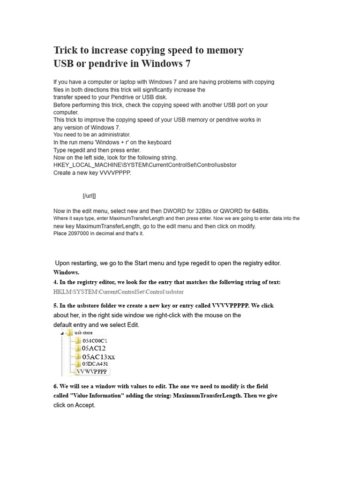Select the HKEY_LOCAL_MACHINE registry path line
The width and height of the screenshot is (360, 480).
tap(145, 165)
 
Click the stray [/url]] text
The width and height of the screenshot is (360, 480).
tap(89, 195)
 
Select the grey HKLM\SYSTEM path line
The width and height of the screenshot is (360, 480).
tap(119, 292)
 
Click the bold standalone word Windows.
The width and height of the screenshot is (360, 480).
tap(66, 272)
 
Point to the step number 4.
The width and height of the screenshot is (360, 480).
tap(55, 282)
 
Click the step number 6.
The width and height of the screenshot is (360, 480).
tap(55, 386)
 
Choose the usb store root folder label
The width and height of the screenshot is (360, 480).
tap(83, 332)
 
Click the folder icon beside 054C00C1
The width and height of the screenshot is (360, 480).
tap(78, 340)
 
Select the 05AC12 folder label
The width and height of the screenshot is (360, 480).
tap(94, 348)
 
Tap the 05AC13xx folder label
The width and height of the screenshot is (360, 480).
tap(98, 357)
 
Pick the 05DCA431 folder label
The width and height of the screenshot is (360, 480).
tap(95, 364)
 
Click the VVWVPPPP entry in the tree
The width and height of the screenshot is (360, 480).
tap(92, 371)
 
